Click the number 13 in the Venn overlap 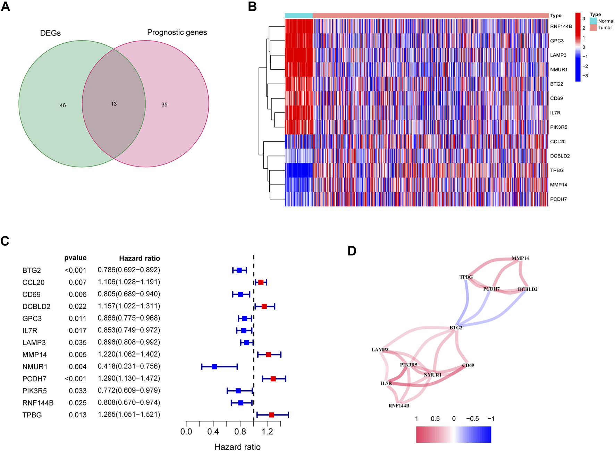point(114,104)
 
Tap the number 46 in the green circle point(63,105)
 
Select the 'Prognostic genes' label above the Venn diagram point(177,32)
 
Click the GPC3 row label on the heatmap point(557,41)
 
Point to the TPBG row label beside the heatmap point(557,170)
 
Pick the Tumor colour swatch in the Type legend point(593,28)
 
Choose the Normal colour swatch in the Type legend point(593,21)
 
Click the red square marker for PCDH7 point(273,378)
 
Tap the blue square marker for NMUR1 point(214,367)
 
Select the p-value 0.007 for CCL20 point(77,282)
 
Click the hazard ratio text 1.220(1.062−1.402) point(129,354)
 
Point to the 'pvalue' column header point(75,258)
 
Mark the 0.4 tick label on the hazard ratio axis point(213,432)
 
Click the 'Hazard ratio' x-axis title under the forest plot point(237,447)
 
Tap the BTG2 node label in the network point(456,327)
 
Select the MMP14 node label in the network point(520,258)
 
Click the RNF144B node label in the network point(399,406)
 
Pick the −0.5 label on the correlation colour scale point(472,419)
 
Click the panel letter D point(352,251)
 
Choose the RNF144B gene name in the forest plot point(38,403)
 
